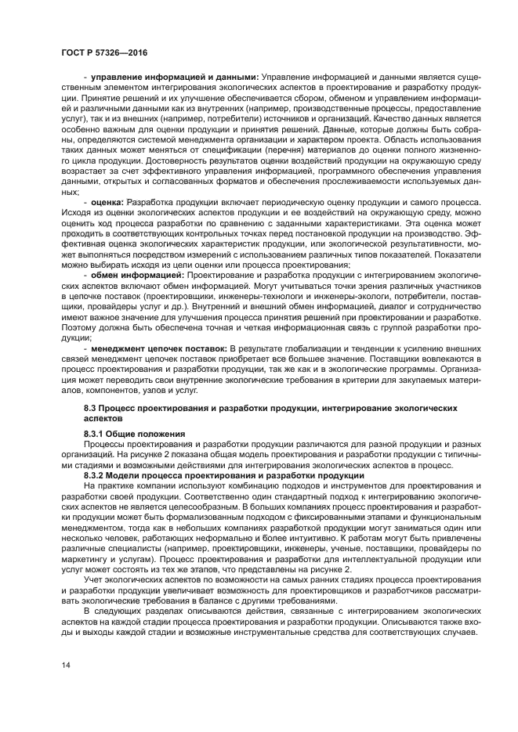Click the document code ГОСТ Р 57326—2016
103,52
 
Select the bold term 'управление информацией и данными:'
175,77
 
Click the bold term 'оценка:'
108,202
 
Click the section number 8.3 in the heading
91,409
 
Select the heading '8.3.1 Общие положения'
134,433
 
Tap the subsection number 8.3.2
97,475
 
